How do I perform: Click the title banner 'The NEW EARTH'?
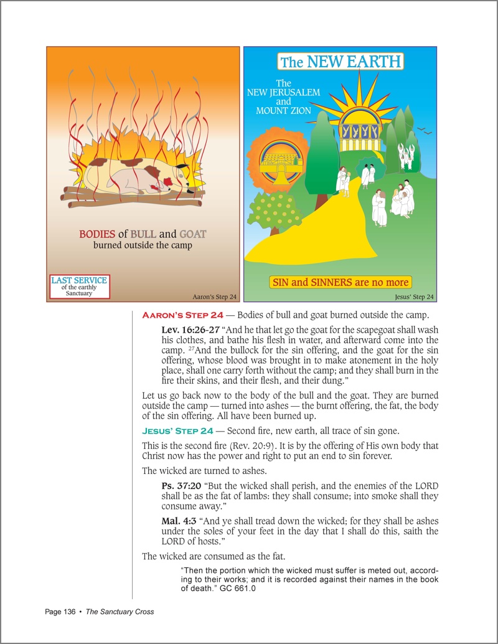pyautogui.click(x=341, y=62)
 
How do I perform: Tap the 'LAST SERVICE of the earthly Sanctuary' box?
pyautogui.click(x=79, y=286)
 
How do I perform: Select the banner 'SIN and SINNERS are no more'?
pyautogui.click(x=341, y=282)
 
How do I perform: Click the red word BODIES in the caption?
pyautogui.click(x=97, y=235)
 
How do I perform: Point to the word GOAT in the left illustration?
pyautogui.click(x=192, y=235)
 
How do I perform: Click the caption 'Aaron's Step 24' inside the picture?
pyautogui.click(x=215, y=296)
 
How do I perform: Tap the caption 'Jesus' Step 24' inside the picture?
pyautogui.click(x=414, y=296)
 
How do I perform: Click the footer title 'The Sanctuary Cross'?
pyautogui.click(x=120, y=612)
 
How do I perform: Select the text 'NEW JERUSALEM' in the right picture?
pyautogui.click(x=283, y=93)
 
